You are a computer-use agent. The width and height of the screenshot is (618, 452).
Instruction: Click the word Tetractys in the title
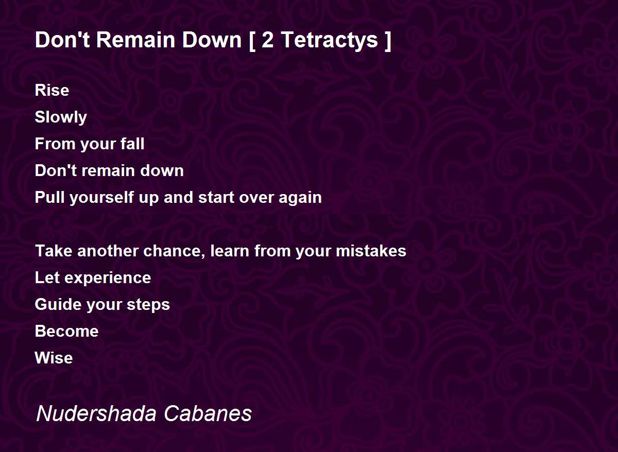[330, 40]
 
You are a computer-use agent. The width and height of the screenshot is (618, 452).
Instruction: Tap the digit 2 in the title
[267, 40]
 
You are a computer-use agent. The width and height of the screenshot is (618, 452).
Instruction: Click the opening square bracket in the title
[252, 41]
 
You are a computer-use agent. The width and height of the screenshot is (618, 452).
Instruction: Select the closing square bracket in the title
[388, 41]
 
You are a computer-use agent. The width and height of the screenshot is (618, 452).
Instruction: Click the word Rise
[52, 90]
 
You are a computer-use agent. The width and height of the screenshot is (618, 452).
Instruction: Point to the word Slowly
[61, 117]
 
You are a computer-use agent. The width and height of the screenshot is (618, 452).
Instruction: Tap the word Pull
[49, 197]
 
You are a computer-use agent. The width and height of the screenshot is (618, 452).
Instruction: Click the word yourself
[101, 198]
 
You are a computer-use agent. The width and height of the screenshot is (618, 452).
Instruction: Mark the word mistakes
[371, 251]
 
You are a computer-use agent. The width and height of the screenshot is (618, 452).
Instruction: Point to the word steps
[148, 305]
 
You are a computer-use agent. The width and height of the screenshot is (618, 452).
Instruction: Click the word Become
[67, 331]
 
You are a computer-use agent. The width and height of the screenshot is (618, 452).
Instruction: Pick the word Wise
[54, 358]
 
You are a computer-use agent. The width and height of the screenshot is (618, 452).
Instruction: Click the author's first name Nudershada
[96, 413]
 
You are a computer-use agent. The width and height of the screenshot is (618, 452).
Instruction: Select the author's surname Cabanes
[208, 413]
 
